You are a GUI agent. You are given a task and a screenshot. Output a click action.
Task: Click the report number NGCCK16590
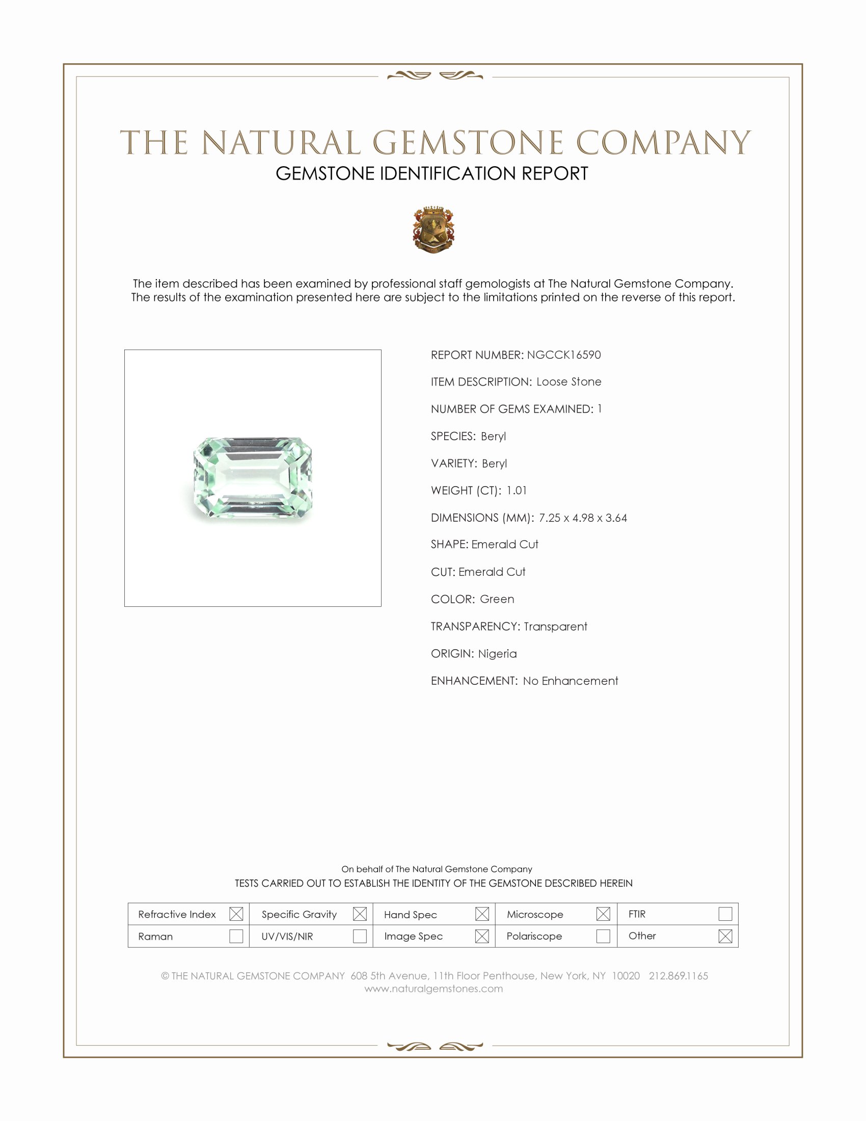(563, 355)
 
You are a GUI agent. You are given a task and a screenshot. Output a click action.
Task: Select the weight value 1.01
(516, 490)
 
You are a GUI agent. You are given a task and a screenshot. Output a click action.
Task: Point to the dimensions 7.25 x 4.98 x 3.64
(582, 517)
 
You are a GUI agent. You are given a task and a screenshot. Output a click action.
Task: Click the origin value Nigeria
(497, 653)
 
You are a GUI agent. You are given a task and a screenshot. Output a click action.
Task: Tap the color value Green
(497, 599)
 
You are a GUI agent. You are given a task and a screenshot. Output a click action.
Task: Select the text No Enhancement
(570, 681)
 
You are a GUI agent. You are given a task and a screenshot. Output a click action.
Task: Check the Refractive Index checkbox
(236, 914)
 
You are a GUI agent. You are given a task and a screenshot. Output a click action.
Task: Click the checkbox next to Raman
(236, 936)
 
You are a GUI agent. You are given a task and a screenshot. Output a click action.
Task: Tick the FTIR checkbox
(725, 914)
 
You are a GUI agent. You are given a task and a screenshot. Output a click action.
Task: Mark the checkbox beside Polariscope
(603, 936)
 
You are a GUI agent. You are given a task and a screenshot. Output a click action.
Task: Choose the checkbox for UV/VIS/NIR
(360, 936)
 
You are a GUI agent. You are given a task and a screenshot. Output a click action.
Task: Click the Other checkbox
(725, 936)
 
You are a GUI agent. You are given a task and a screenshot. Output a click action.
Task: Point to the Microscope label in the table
(534, 914)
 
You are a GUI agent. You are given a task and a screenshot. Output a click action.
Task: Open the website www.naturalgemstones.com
(434, 989)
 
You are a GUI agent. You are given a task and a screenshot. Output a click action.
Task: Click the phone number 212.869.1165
(678, 976)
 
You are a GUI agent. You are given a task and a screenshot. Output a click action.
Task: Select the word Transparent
(555, 626)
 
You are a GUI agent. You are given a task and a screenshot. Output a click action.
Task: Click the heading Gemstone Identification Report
(431, 173)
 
